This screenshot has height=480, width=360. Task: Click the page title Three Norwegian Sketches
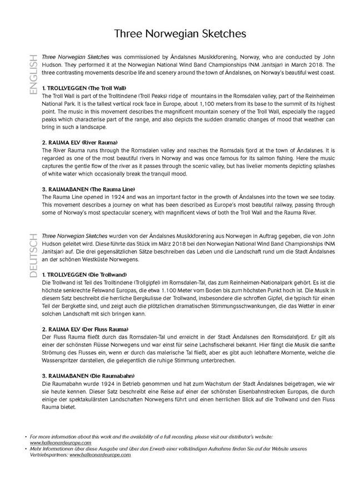pos(180,34)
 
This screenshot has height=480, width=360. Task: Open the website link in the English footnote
pos(61,443)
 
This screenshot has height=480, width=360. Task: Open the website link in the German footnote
pos(100,454)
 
